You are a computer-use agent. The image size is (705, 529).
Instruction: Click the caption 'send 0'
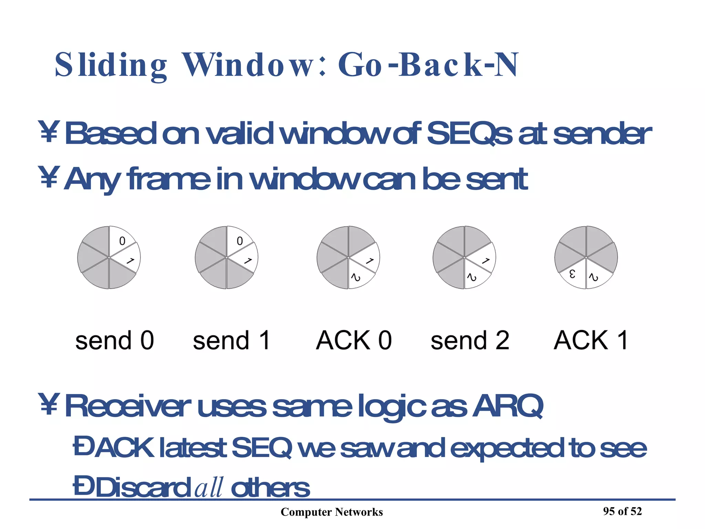(114, 340)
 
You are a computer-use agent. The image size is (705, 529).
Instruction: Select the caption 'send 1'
(231, 340)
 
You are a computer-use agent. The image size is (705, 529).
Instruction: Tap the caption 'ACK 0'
(354, 340)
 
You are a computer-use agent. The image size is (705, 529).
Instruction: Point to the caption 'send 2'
(470, 340)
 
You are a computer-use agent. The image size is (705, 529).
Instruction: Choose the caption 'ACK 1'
(591, 340)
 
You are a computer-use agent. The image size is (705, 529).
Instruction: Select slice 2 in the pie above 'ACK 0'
(357, 277)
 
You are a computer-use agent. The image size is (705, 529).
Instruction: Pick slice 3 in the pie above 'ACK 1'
(572, 274)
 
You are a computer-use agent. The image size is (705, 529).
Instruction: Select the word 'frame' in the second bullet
(169, 179)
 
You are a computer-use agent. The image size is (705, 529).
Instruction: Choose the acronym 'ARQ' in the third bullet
(507, 406)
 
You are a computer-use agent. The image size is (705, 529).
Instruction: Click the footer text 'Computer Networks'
(332, 512)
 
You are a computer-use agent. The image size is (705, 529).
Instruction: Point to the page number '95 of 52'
(622, 511)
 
